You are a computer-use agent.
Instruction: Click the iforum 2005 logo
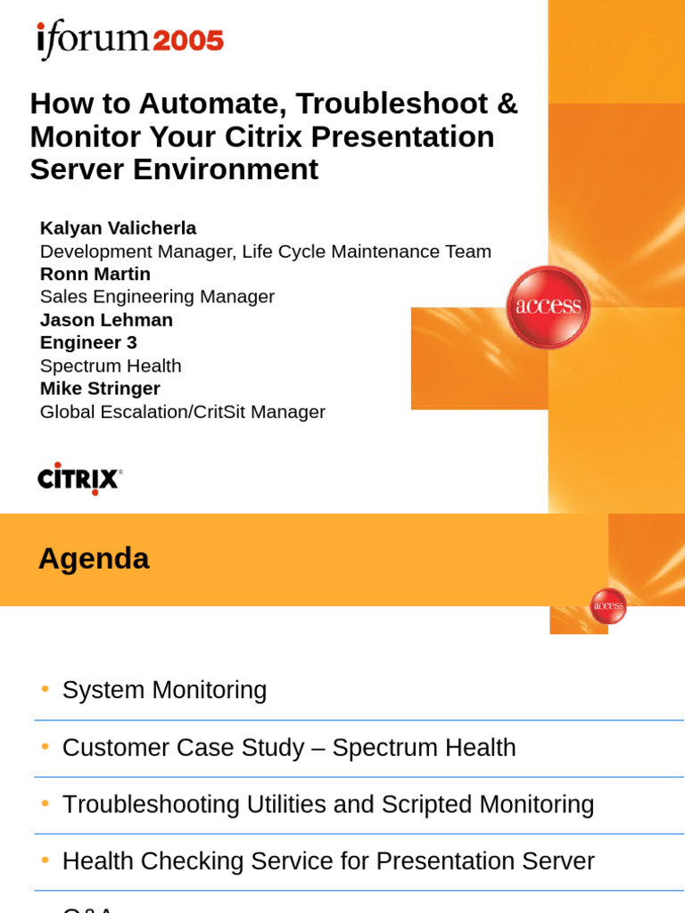tap(130, 40)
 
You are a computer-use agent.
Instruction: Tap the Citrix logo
tap(79, 479)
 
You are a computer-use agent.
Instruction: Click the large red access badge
tap(548, 307)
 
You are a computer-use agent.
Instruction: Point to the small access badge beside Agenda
tap(608, 606)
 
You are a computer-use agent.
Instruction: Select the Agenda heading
tap(94, 559)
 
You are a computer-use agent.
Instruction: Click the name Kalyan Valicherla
tap(118, 228)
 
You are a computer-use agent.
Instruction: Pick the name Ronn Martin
tap(95, 274)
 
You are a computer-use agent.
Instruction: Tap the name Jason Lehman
tap(106, 320)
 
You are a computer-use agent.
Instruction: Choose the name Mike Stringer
tap(100, 389)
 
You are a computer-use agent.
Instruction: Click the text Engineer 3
tap(88, 342)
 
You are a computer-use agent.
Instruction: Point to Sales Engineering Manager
tap(157, 297)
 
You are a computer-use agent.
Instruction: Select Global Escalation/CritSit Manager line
tap(182, 412)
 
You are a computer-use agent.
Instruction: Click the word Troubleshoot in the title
tap(390, 103)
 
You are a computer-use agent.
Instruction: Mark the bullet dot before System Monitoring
tap(45, 689)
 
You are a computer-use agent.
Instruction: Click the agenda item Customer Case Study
tap(183, 748)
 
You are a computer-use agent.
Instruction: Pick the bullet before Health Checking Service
tap(45, 861)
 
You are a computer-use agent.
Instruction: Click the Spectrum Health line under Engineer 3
tap(111, 366)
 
